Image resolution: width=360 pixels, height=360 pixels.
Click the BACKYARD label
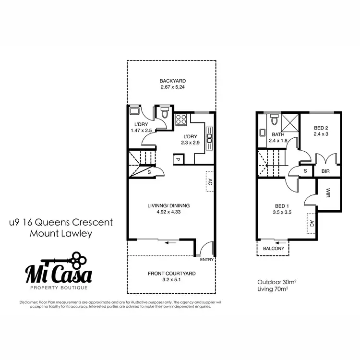point(173,81)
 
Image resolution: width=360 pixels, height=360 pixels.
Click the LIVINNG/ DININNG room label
point(168,205)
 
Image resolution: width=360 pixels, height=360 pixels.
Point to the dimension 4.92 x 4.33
point(168,212)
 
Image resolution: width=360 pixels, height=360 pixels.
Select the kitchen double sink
point(209,138)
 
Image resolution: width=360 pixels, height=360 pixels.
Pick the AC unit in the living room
point(210,182)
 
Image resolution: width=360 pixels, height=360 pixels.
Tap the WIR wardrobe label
point(329,193)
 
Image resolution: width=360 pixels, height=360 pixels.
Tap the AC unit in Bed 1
point(311,224)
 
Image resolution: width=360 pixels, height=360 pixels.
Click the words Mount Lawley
point(60,234)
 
